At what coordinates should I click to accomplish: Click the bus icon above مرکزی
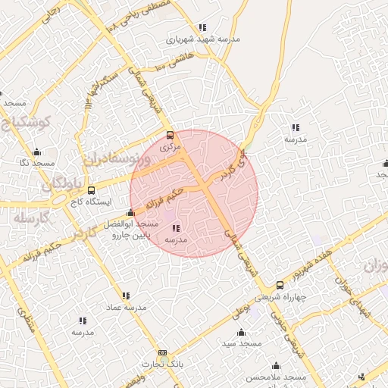pyautogui.click(x=170, y=136)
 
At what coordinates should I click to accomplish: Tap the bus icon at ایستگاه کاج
pyautogui.click(x=92, y=190)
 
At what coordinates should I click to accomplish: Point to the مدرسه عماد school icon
pyautogui.click(x=126, y=296)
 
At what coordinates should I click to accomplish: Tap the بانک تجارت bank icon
pyautogui.click(x=162, y=353)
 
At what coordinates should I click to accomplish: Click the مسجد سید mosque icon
pyautogui.click(x=241, y=333)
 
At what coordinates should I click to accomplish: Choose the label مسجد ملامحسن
pyautogui.click(x=276, y=377)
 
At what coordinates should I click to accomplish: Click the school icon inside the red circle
pyautogui.click(x=177, y=228)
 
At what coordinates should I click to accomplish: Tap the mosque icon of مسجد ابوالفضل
pyautogui.click(x=131, y=213)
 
